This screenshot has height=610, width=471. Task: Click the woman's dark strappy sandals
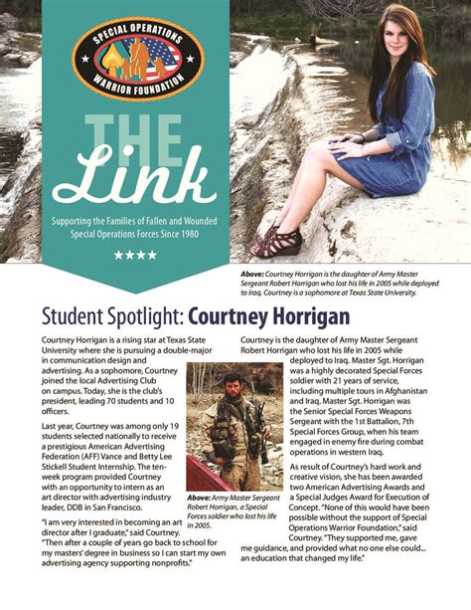point(277,240)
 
